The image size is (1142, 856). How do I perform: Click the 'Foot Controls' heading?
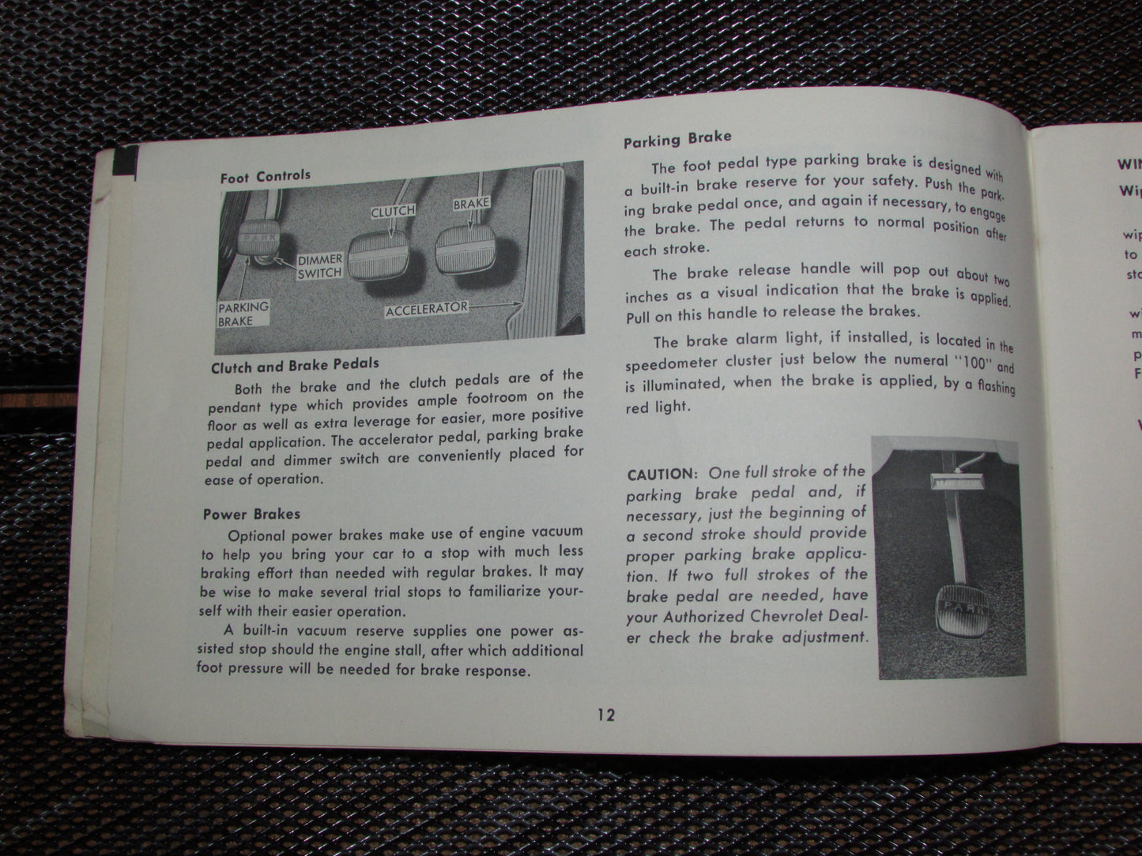265,176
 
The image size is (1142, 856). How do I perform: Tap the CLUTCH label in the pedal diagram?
393,212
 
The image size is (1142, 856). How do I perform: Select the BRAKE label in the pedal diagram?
471,203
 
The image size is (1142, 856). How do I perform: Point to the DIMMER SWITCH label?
319,265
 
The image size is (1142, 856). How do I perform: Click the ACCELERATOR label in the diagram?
427,310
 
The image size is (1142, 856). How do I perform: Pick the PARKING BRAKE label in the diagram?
243,313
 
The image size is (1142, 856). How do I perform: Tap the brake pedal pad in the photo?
468,253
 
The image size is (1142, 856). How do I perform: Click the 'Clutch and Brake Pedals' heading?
295,366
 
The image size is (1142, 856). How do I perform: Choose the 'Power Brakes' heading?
251,513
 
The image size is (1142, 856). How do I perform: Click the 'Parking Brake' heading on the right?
677,139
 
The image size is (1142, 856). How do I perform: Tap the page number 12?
605,715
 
